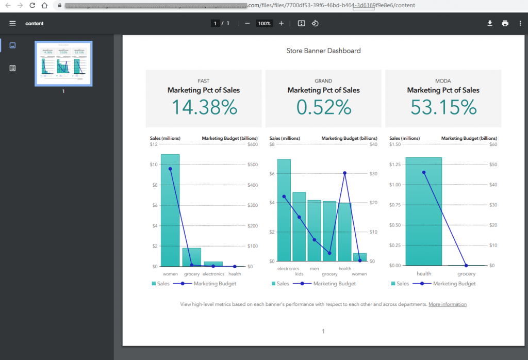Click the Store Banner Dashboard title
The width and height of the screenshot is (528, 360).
pyautogui.click(x=323, y=51)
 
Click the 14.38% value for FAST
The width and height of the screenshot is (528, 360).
pyautogui.click(x=204, y=107)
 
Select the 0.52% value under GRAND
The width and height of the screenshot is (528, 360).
pyautogui.click(x=323, y=107)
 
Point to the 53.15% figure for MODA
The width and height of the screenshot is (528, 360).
pyautogui.click(x=443, y=107)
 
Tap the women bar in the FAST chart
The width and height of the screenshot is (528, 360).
pyautogui.click(x=170, y=211)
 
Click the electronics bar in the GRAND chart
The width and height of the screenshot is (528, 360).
pyautogui.click(x=284, y=211)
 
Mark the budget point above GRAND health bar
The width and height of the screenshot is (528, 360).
pyautogui.click(x=344, y=173)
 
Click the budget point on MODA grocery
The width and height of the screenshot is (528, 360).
pyautogui.click(x=466, y=265)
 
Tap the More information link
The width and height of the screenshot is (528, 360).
pyautogui.click(x=447, y=304)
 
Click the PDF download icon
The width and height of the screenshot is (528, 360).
pyautogui.click(x=490, y=23)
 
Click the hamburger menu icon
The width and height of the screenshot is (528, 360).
pyautogui.click(x=13, y=23)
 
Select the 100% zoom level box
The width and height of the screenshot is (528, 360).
pyautogui.click(x=264, y=23)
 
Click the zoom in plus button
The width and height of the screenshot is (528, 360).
pyautogui.click(x=281, y=23)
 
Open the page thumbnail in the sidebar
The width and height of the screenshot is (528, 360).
pyautogui.click(x=63, y=63)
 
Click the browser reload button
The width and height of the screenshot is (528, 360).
pyautogui.click(x=32, y=5)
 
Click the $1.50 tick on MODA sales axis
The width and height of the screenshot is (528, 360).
pyautogui.click(x=395, y=144)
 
